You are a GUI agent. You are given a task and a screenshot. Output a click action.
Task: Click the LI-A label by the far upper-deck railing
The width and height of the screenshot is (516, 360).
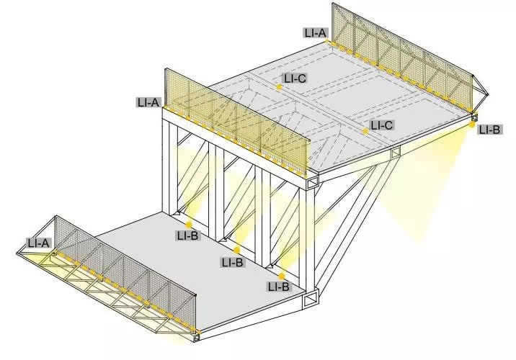(x=316, y=32)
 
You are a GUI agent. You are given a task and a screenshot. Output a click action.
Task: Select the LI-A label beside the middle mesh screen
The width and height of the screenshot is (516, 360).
(x=148, y=102)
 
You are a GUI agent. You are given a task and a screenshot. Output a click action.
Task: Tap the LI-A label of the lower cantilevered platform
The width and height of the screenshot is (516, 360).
(x=38, y=243)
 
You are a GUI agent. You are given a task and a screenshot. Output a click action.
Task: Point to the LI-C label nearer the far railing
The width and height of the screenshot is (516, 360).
(x=295, y=78)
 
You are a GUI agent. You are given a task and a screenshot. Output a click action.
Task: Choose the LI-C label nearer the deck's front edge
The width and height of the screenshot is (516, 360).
(x=382, y=125)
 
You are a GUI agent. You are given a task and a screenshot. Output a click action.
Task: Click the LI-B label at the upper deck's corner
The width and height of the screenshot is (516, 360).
(x=489, y=130)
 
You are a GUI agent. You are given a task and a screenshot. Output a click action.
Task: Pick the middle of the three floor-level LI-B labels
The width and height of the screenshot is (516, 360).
(x=232, y=262)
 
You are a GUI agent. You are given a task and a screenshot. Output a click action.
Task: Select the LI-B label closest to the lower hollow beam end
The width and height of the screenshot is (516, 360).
(x=278, y=287)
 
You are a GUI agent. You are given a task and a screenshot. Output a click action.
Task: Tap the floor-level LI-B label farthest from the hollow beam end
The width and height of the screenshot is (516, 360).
(x=187, y=235)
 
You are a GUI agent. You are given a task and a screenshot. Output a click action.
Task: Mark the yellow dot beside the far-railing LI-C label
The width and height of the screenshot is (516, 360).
(x=279, y=87)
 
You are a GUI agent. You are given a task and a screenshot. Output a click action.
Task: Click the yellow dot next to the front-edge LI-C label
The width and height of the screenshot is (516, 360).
(x=365, y=132)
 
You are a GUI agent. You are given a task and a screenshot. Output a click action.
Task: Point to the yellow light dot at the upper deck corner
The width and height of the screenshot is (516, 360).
(x=473, y=124)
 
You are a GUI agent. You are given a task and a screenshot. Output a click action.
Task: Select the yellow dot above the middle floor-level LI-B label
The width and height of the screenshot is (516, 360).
(x=236, y=251)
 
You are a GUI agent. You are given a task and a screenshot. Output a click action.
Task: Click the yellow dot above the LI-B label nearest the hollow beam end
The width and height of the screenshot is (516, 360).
(x=282, y=276)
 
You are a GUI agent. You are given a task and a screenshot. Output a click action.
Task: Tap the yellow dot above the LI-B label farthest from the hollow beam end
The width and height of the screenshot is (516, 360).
(x=189, y=225)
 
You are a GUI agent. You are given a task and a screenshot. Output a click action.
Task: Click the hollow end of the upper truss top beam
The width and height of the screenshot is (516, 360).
(x=312, y=184)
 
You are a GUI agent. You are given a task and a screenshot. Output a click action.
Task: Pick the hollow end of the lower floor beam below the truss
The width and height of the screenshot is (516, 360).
(x=311, y=300)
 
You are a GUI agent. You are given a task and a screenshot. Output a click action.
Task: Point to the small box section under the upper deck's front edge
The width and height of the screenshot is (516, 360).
(x=395, y=152)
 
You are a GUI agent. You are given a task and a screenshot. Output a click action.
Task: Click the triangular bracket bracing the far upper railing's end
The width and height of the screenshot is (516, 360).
(x=480, y=89)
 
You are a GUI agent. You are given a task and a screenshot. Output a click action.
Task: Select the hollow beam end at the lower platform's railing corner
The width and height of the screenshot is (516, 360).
(x=197, y=338)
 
